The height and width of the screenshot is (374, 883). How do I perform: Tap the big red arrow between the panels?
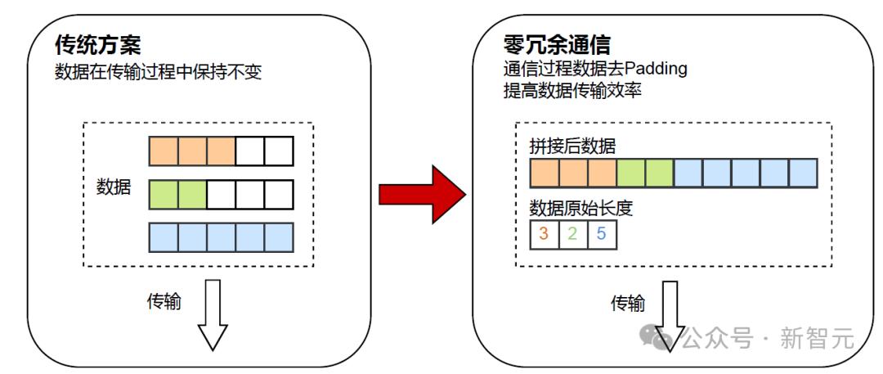(423, 193)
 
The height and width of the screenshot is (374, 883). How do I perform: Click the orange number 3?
(544, 233)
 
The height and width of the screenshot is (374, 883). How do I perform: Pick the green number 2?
(572, 233)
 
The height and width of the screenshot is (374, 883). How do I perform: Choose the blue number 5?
(602, 233)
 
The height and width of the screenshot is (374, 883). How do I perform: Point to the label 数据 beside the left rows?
(113, 187)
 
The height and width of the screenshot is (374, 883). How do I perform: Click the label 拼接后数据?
(572, 146)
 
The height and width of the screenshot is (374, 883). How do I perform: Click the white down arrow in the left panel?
(213, 315)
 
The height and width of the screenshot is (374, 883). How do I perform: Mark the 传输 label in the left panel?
(164, 301)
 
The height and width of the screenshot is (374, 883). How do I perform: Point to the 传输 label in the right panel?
(628, 304)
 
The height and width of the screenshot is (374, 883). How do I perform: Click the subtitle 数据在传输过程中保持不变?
(159, 72)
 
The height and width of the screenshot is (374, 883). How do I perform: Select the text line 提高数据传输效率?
(572, 92)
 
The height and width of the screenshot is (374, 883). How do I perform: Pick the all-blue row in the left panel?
(222, 237)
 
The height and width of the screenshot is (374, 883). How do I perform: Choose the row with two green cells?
(222, 194)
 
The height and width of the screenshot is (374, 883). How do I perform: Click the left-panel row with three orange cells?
(222, 151)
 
